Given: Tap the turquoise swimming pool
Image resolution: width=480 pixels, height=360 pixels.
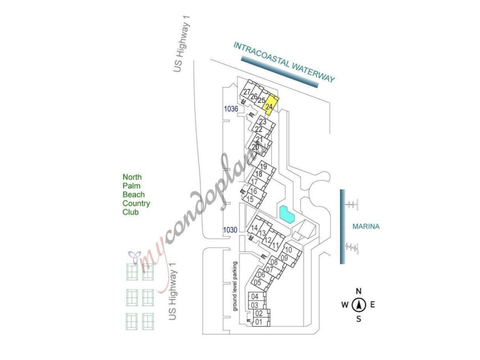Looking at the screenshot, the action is [x=287, y=215].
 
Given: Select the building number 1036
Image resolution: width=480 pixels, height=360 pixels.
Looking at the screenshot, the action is [x=231, y=109].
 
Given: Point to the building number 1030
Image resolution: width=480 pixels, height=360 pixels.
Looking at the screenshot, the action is [x=230, y=230].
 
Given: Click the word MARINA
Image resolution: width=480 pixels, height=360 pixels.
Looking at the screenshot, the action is [x=366, y=226].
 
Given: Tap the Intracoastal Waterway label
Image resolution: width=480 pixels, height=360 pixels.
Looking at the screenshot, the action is [x=284, y=62].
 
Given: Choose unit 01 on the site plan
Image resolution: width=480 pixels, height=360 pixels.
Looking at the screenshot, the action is [x=259, y=322].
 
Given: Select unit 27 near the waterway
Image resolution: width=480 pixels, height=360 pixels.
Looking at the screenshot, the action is [x=247, y=92].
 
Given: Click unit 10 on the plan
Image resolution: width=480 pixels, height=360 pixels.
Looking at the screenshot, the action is [x=289, y=250].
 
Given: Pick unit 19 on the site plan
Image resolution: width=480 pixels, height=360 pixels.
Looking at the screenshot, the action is [x=263, y=167].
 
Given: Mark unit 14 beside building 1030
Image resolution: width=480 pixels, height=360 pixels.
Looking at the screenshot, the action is [x=254, y=228].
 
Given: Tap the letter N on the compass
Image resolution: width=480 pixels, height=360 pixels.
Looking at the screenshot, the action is [x=358, y=291].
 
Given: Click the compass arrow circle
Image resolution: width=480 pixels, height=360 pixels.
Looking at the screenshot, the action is [x=359, y=305].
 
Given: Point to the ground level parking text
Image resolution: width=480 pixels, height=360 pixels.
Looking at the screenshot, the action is [x=235, y=286].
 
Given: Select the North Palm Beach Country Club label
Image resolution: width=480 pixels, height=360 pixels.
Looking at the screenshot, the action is [x=136, y=195].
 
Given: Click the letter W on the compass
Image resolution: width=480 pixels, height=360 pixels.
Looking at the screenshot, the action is [x=345, y=305].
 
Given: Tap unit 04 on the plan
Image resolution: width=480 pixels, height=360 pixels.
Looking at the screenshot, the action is [x=255, y=297].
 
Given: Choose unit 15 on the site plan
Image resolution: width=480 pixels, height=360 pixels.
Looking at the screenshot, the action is [x=250, y=199].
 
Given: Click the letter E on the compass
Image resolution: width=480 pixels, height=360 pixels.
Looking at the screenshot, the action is [x=373, y=305].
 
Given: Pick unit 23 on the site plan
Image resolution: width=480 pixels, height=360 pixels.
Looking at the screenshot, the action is [x=263, y=122].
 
